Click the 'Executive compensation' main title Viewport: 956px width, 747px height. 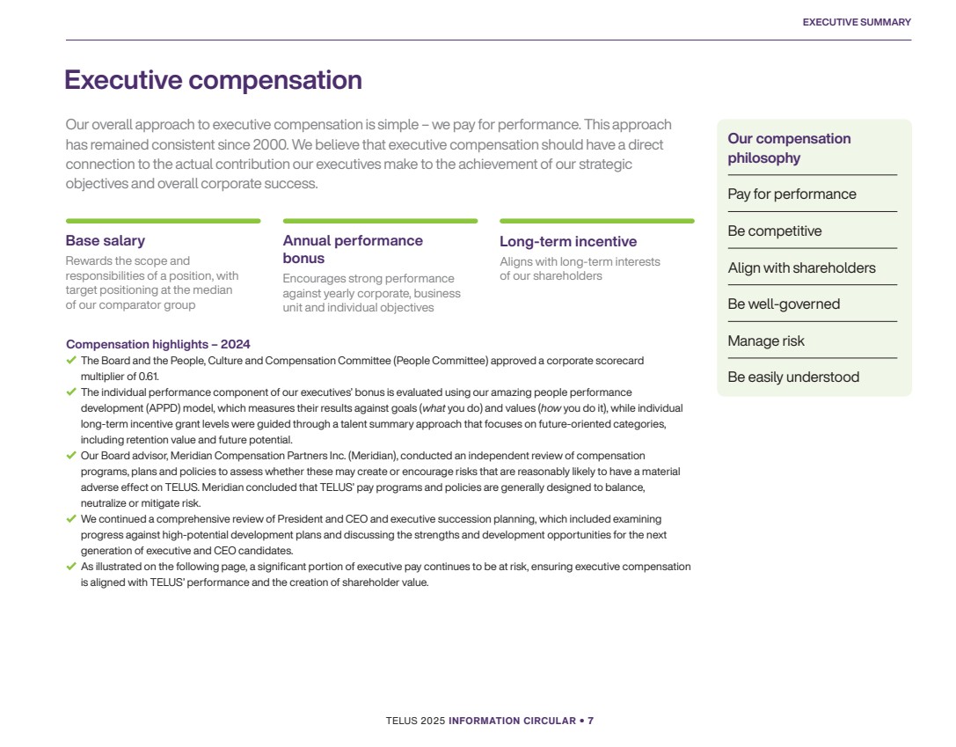[213, 80]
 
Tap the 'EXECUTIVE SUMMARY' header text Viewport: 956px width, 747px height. [857, 22]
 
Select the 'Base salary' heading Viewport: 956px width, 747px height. [105, 241]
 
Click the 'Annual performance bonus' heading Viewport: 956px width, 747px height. [353, 249]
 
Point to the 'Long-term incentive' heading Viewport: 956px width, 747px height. [568, 242]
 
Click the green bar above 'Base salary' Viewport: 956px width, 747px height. [163, 221]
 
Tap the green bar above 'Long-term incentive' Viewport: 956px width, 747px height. [596, 221]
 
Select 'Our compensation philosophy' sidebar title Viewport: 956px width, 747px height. [789, 148]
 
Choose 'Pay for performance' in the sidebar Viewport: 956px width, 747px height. [792, 194]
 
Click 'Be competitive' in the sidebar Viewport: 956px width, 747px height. [774, 231]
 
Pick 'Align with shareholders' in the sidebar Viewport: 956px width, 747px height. [801, 268]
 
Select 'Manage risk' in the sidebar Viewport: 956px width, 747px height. [765, 341]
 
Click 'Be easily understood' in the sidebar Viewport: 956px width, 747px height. [793, 377]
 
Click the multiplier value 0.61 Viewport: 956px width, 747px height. [149, 376]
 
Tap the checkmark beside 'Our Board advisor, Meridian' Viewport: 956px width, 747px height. [71, 455]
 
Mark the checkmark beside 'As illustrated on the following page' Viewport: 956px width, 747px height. [71, 566]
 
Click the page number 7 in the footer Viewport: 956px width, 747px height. [590, 721]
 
